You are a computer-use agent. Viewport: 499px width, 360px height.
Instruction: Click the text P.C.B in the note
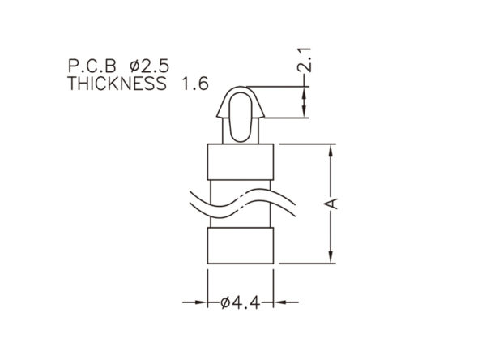pos(92,66)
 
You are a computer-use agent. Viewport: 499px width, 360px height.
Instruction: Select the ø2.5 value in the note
pos(150,66)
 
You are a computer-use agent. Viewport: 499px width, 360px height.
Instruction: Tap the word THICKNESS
pos(117,84)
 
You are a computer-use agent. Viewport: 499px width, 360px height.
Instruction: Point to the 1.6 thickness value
pos(195,84)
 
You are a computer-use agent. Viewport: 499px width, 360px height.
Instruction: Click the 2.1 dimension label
pos(305,59)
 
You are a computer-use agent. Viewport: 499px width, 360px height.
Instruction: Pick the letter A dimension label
pos(332,204)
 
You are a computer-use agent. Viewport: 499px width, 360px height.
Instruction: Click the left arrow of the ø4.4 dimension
pos(194,302)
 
